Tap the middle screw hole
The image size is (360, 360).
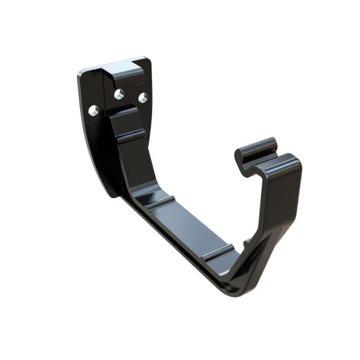point(119,94)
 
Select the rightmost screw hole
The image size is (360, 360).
point(143,98)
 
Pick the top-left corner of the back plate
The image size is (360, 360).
point(81,73)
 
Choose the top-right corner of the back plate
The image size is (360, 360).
point(148,59)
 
